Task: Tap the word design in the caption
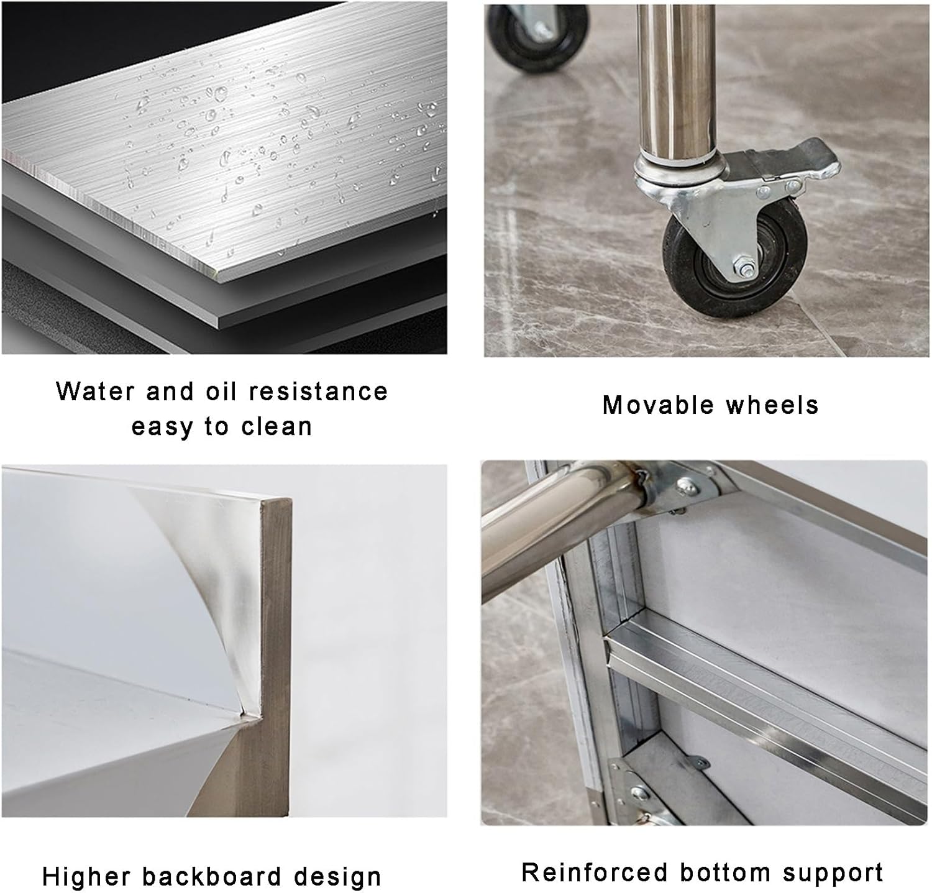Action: pyautogui.click(x=337, y=877)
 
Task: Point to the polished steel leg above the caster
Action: pyautogui.click(x=676, y=81)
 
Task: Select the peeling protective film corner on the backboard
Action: pyautogui.click(x=199, y=559)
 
